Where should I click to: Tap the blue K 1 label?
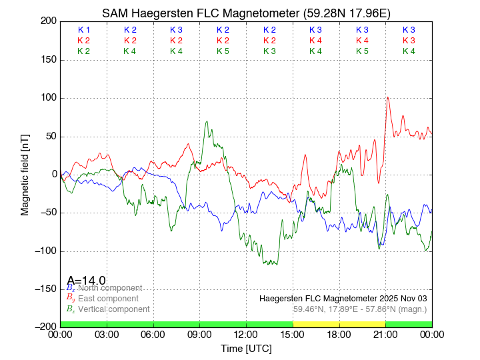(x=84, y=30)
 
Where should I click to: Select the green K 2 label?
(x=84, y=51)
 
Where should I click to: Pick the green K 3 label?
(x=269, y=51)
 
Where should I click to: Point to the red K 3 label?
(x=409, y=41)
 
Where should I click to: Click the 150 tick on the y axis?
(x=46, y=60)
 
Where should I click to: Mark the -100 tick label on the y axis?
(x=44, y=251)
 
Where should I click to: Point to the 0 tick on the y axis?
(x=52, y=175)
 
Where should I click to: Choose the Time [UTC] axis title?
(x=246, y=348)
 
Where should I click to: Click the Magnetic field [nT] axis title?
(x=25, y=174)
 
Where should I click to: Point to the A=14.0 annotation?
(x=86, y=281)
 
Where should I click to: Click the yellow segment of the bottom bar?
(x=339, y=323)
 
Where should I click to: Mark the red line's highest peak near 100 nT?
(x=387, y=97)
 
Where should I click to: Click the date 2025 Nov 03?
(x=399, y=298)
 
